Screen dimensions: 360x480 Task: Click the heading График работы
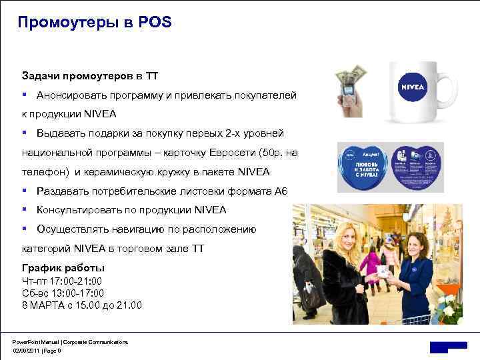click(63, 268)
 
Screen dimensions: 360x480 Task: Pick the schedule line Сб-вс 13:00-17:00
click(63, 293)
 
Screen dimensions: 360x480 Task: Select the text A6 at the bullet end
click(281, 191)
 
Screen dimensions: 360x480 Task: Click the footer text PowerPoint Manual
click(37, 341)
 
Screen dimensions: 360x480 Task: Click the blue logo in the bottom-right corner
click(447, 347)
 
